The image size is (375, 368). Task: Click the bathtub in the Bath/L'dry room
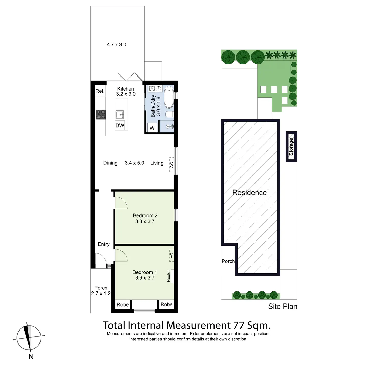click(169, 98)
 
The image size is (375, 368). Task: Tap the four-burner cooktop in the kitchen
click(101, 115)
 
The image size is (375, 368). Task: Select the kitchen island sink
click(120, 115)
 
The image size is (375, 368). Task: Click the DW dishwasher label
click(120, 125)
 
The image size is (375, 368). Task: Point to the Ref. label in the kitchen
click(100, 91)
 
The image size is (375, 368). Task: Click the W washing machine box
click(152, 128)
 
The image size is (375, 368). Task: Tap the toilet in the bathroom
click(169, 114)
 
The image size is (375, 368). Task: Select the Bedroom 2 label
click(145, 216)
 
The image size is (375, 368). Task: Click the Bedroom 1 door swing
click(121, 255)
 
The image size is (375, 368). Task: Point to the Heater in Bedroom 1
click(169, 276)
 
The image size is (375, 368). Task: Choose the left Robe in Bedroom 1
click(123, 305)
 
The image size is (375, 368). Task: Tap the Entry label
click(103, 244)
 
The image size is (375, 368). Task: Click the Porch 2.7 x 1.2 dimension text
click(101, 294)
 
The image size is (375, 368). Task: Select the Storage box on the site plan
click(291, 147)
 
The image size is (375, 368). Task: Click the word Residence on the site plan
click(249, 193)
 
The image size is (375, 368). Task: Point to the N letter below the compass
click(31, 357)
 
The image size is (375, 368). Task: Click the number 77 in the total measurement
click(238, 326)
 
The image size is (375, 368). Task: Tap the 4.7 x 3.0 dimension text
click(116, 45)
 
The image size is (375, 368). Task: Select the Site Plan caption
click(283, 307)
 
